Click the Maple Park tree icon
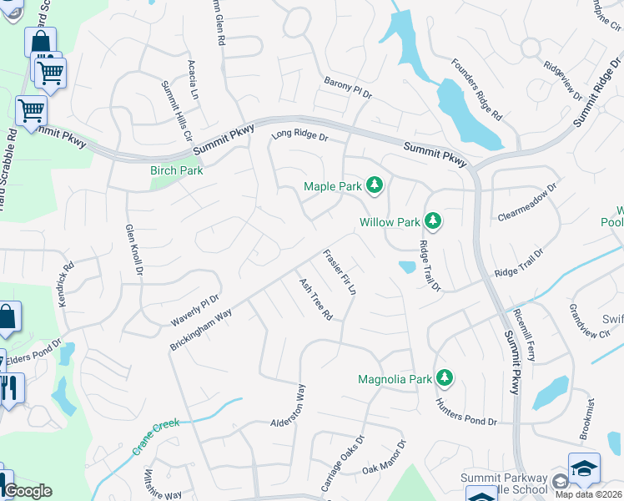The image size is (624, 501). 375,186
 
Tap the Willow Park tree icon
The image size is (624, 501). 432,222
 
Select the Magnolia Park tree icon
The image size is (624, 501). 445,378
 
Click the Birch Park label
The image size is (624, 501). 177,170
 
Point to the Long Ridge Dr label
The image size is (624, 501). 300,136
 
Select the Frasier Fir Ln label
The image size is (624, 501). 340,272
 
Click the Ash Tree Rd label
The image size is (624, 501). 316,299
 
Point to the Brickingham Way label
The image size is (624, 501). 201,329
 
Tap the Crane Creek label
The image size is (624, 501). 156,436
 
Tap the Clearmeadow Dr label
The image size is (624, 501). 526,204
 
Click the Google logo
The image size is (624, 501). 28,491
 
